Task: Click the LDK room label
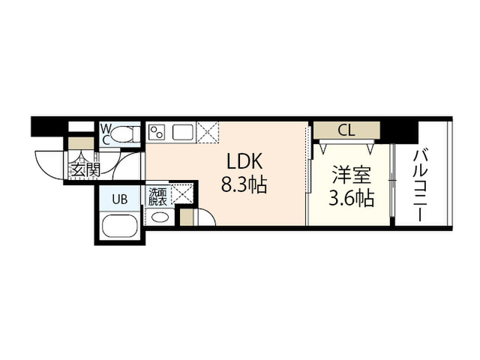tap(244, 161)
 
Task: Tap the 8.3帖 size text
tap(244, 184)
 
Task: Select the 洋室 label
tap(352, 175)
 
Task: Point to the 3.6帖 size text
tap(352, 198)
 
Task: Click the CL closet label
tap(346, 130)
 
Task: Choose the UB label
tap(120, 199)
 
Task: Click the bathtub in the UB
tap(120, 226)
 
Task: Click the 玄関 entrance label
tap(85, 169)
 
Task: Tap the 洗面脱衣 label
tap(157, 196)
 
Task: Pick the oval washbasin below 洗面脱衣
tap(160, 217)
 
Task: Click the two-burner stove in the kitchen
tap(157, 132)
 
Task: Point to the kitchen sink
tap(183, 133)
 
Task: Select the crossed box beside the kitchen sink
tap(208, 132)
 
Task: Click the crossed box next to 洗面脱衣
tap(181, 194)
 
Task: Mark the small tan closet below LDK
tap(186, 217)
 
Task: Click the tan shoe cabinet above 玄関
tap(80, 143)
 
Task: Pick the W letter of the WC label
tap(106, 127)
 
